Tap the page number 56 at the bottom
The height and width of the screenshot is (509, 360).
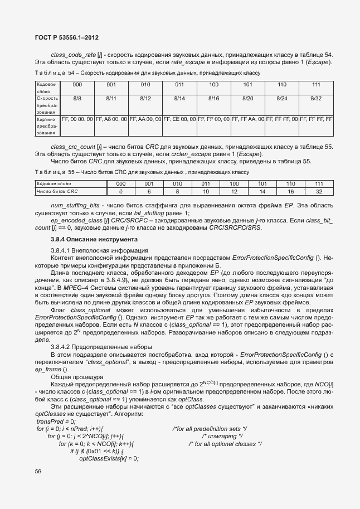click(38, 472)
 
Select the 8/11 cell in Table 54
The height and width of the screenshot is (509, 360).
click(111, 98)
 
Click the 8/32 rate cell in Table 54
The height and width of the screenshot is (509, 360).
click(316, 98)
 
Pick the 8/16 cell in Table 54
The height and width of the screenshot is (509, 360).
click(213, 98)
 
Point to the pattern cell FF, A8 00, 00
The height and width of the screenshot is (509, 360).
click(111, 119)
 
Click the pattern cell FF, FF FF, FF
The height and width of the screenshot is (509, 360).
click(316, 119)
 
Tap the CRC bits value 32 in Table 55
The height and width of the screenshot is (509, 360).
click(319, 191)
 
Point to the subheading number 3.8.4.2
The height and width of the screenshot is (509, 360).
click(61, 346)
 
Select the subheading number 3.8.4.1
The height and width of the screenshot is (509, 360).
click(61, 250)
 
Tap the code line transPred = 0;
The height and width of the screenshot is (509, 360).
click(56, 421)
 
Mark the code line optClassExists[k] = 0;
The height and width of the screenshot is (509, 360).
click(109, 458)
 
